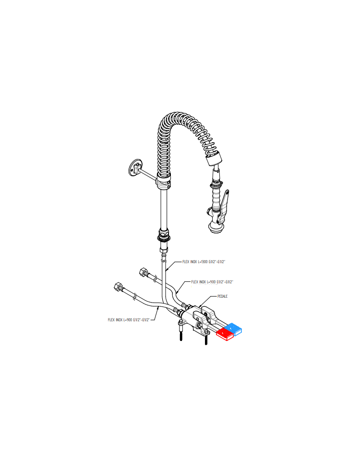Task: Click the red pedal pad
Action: point(225,334)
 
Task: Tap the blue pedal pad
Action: point(233,329)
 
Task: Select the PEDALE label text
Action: point(222,296)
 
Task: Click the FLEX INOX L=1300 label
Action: point(204,262)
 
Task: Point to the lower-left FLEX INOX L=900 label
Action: point(129,320)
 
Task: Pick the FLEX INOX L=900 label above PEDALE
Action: point(212,282)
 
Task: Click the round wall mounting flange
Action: point(136,168)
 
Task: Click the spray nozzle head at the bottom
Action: point(216,228)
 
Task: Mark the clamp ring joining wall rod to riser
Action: point(163,184)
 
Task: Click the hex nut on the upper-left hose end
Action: point(144,271)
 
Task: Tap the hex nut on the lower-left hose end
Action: point(118,286)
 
